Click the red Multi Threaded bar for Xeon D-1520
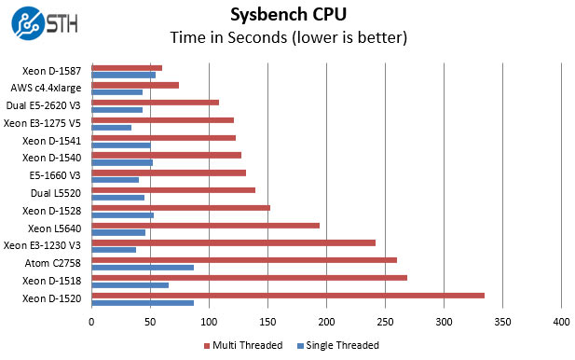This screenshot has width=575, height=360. [201, 296]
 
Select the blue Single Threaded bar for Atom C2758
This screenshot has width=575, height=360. [143, 268]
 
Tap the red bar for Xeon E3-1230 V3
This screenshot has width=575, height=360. [158, 242]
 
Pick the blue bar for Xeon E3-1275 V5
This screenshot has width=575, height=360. [111, 128]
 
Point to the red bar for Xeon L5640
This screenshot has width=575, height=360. [136, 225]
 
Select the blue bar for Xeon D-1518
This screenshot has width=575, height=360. [130, 285]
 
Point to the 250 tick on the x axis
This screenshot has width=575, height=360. [385, 322]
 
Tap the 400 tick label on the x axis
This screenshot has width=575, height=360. [561, 322]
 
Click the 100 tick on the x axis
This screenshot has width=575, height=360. [209, 322]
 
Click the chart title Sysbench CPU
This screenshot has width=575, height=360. [287, 15]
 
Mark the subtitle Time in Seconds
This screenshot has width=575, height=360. [287, 38]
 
